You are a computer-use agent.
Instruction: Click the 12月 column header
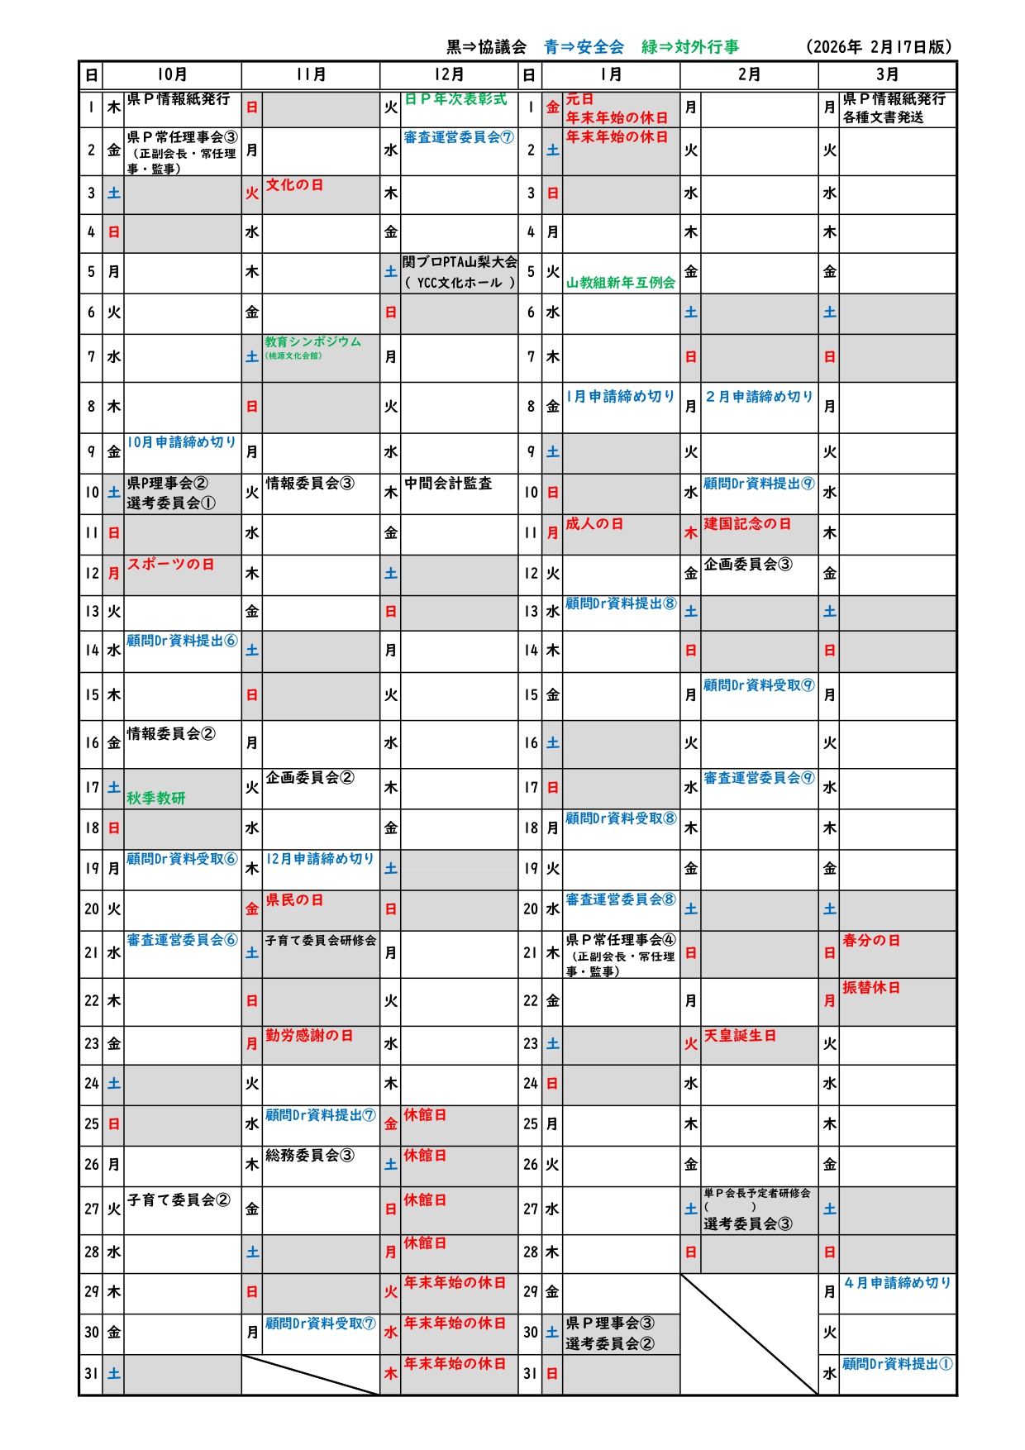(449, 74)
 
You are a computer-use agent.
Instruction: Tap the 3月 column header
(887, 74)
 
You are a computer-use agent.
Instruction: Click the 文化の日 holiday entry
(294, 185)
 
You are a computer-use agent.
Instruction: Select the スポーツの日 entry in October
(170, 565)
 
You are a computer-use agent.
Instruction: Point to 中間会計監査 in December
(448, 484)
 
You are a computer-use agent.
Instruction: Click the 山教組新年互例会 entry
(620, 283)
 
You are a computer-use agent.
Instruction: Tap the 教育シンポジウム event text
(312, 342)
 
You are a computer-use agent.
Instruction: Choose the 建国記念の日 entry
(747, 524)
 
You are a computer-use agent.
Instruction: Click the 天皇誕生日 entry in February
(740, 1036)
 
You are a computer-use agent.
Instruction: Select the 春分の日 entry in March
(871, 941)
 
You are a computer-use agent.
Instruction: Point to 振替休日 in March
(871, 988)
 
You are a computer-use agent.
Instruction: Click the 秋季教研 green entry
(156, 799)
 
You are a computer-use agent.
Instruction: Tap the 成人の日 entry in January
(594, 524)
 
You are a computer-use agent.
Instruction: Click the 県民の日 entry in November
(294, 900)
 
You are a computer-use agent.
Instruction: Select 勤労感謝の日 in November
(309, 1036)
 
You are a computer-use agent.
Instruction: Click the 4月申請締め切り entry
(897, 1283)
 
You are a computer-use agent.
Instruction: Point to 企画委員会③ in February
(748, 565)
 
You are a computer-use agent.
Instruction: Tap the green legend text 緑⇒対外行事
(690, 47)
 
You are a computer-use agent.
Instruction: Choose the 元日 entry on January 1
(579, 99)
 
